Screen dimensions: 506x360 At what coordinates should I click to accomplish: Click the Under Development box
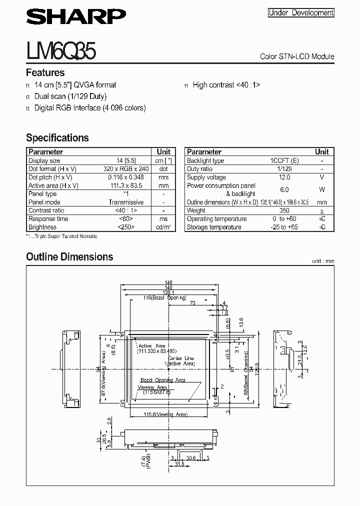click(x=300, y=13)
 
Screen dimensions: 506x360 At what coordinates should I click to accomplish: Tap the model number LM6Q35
click(x=61, y=51)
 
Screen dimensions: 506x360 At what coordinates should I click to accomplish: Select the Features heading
click(x=45, y=72)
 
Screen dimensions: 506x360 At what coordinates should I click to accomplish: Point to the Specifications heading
click(x=57, y=137)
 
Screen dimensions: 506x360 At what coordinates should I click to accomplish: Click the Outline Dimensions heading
click(x=69, y=257)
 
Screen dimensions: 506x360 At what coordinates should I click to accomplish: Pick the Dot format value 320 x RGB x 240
click(x=126, y=169)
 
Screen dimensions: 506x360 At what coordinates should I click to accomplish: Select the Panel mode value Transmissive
click(x=126, y=202)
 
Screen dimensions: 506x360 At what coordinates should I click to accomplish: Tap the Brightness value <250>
click(x=126, y=227)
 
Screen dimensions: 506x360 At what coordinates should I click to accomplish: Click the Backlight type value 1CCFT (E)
click(x=284, y=160)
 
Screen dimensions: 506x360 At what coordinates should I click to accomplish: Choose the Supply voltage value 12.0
click(x=284, y=177)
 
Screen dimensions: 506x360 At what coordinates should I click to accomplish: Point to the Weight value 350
click(x=284, y=210)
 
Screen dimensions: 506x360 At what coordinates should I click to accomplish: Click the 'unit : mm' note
click(x=323, y=261)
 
